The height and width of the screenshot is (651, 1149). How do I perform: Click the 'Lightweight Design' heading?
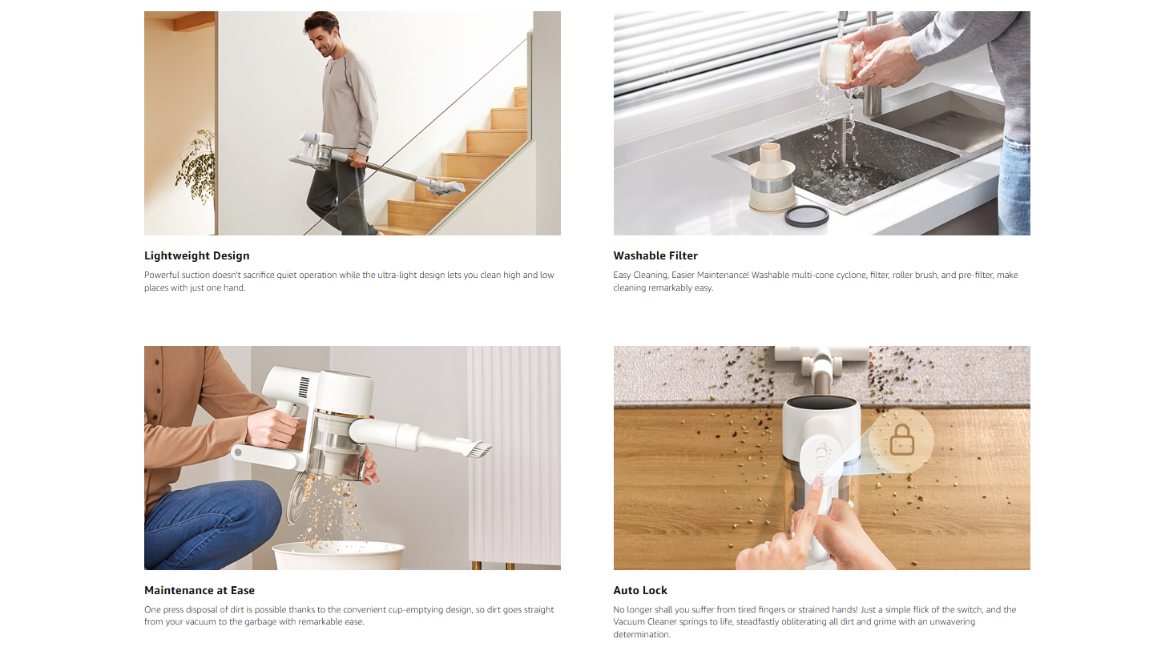tap(196, 255)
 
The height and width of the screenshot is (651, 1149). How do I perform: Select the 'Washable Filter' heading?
tap(655, 255)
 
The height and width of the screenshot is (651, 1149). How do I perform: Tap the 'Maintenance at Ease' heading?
tap(199, 590)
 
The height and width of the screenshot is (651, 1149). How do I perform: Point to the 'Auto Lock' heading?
tap(640, 590)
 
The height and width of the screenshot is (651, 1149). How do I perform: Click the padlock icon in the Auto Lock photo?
tap(901, 440)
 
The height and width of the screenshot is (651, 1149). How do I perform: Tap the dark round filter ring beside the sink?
tap(806, 215)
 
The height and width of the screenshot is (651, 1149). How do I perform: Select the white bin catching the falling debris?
tap(339, 556)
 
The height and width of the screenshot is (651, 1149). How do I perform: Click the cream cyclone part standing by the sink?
tap(772, 177)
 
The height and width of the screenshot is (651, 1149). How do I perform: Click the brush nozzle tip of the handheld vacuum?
tap(481, 450)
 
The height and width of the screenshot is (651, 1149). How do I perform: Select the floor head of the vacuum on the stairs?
tap(446, 186)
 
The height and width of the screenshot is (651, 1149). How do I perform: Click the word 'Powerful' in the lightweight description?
tap(162, 275)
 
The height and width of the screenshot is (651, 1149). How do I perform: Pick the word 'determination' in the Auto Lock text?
tap(642, 634)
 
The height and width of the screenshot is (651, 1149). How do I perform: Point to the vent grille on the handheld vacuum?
tap(304, 387)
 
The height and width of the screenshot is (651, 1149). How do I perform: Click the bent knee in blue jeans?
tap(261, 500)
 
